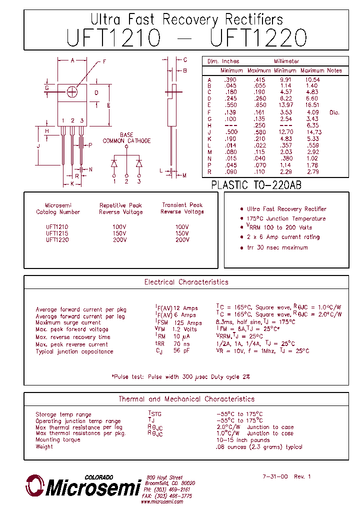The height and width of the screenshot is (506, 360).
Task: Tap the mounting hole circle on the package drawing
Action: [72, 92]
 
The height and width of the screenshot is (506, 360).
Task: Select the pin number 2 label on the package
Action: [72, 121]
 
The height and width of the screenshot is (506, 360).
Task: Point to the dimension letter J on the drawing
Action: [38, 145]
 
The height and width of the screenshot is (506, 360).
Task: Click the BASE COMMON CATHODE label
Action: [126, 138]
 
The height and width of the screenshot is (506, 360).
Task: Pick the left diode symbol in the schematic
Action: [114, 163]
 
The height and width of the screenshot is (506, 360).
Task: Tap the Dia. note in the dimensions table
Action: [334, 112]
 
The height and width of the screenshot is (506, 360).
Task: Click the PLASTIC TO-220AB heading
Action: [256, 185]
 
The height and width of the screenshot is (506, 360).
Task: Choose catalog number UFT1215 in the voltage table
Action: [57, 233]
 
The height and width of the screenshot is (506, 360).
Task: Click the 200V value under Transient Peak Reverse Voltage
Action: [182, 240]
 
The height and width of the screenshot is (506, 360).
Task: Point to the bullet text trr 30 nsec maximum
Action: [277, 247]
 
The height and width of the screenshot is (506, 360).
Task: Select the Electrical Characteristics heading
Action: [186, 282]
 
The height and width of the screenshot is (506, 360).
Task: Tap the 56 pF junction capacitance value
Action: [181, 351]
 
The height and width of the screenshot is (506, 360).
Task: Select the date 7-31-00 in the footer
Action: [275, 477]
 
